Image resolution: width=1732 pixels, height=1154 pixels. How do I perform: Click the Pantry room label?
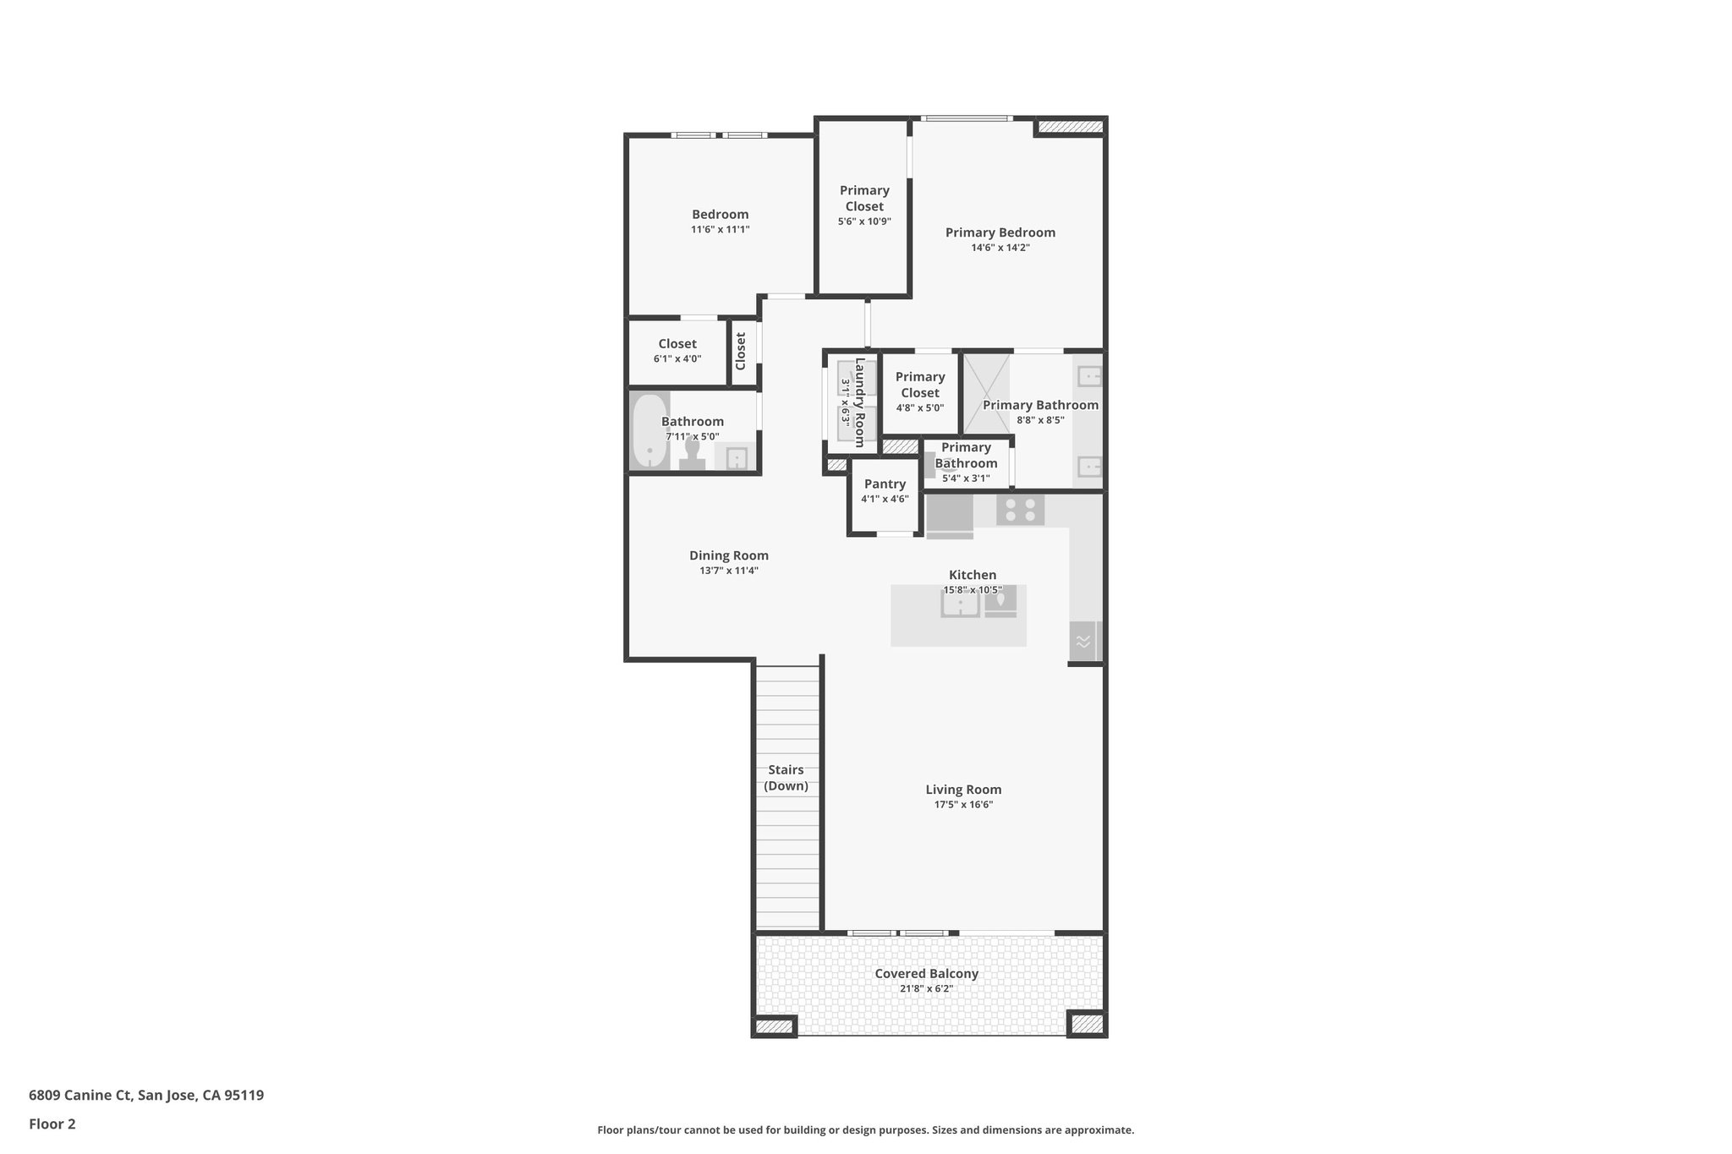click(885, 484)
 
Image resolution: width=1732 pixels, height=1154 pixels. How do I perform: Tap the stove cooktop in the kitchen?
click(1020, 510)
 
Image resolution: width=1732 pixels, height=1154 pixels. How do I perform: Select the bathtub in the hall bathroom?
click(650, 430)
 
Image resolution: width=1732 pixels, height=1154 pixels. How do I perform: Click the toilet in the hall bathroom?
click(693, 456)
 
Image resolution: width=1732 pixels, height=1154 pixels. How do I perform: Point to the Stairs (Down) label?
click(786, 778)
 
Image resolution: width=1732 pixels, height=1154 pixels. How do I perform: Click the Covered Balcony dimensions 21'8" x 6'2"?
click(926, 988)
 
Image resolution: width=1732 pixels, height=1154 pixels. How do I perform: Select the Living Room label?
click(963, 790)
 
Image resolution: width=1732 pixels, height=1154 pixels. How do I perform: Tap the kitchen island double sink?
click(960, 604)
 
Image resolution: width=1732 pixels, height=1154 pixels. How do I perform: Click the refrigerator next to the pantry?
click(950, 516)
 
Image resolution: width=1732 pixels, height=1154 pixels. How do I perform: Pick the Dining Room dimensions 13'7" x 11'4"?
click(728, 571)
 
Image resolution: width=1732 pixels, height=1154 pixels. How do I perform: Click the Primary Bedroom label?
click(1000, 232)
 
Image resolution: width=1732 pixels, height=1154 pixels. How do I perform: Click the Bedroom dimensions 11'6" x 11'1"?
click(720, 229)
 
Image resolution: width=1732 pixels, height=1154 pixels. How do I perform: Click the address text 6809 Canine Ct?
click(80, 1096)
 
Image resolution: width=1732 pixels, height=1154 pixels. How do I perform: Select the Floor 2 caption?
click(52, 1124)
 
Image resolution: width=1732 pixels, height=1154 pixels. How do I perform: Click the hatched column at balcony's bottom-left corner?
click(774, 1026)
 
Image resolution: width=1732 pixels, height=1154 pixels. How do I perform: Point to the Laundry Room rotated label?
click(860, 402)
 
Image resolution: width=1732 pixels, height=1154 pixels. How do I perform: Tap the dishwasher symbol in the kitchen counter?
click(1083, 641)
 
